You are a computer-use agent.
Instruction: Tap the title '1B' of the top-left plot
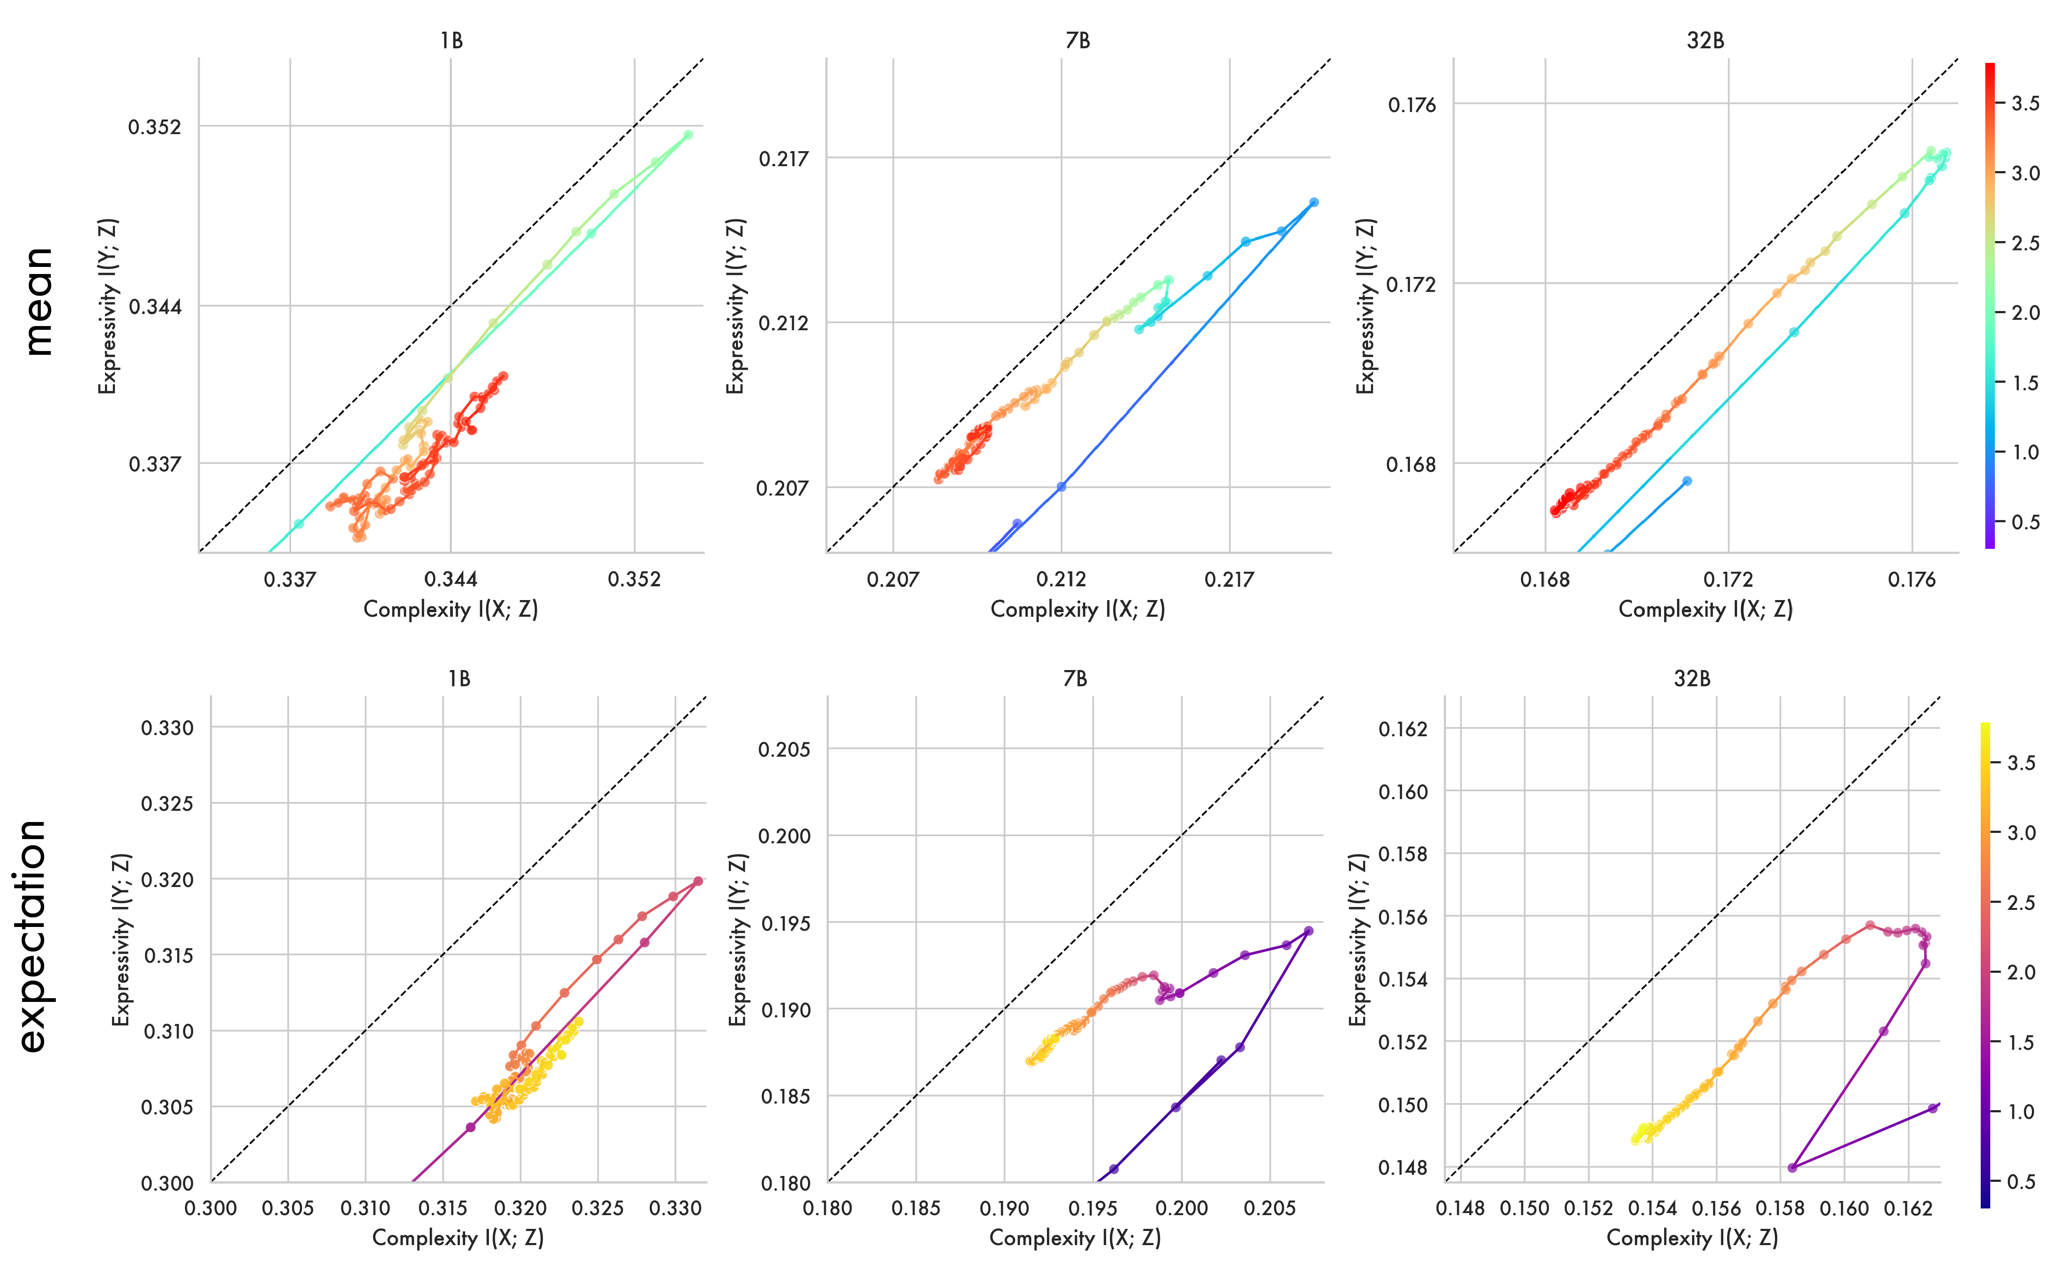point(451,41)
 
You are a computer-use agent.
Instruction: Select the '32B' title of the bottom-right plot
point(1692,679)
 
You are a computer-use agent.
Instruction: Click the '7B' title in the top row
point(1078,41)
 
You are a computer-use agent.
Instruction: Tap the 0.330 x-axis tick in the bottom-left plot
point(676,1208)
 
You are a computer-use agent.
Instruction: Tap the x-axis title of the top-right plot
point(1705,609)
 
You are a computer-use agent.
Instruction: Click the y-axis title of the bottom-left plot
point(122,939)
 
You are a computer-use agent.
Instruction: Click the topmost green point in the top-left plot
point(688,135)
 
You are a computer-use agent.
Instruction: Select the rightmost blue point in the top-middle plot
point(1314,203)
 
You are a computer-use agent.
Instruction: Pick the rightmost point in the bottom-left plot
point(698,881)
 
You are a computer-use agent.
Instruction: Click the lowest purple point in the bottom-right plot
point(1792,1167)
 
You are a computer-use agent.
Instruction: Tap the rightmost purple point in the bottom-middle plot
point(1309,931)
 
